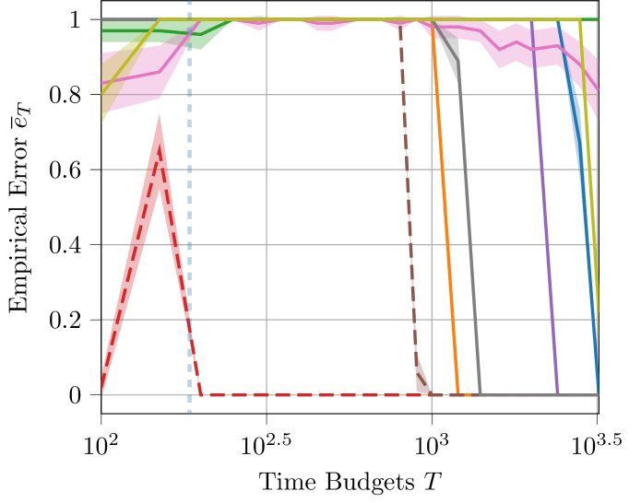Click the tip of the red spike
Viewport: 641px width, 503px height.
tap(160, 116)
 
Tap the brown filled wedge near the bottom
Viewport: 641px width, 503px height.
tap(421, 378)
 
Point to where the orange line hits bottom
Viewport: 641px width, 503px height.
tap(458, 394)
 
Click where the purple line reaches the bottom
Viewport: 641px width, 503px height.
tap(558, 394)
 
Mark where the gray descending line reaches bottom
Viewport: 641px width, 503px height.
tap(481, 394)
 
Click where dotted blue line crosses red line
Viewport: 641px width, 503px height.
tap(190, 332)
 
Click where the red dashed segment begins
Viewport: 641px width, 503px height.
tap(202, 395)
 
